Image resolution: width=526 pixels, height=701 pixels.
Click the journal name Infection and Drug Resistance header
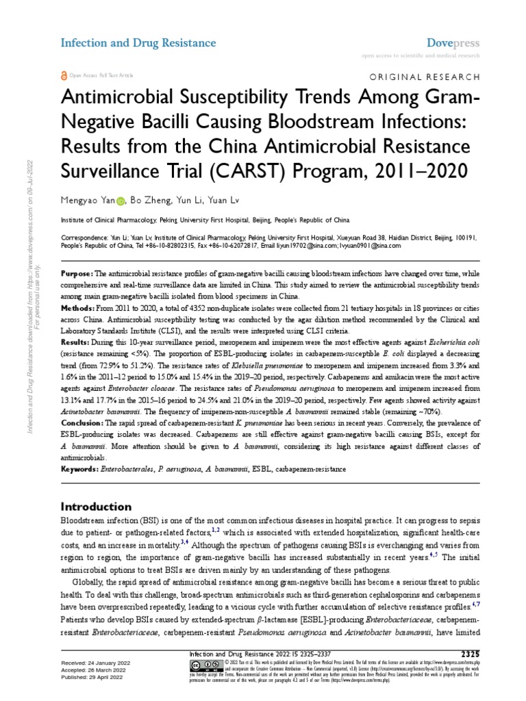[138, 43]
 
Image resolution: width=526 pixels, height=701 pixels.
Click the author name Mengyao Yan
[88, 201]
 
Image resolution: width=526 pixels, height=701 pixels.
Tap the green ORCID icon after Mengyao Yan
[121, 202]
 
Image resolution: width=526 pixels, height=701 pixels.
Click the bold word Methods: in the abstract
[79, 309]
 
